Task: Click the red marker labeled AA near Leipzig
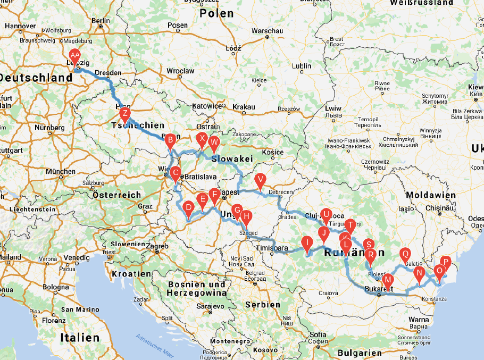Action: (75, 55)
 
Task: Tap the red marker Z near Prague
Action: (124, 114)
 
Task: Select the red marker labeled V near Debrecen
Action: (260, 180)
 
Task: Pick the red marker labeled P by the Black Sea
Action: (446, 262)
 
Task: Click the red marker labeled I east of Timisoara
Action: (307, 243)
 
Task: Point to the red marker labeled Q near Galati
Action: (405, 254)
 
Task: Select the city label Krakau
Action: (243, 107)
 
